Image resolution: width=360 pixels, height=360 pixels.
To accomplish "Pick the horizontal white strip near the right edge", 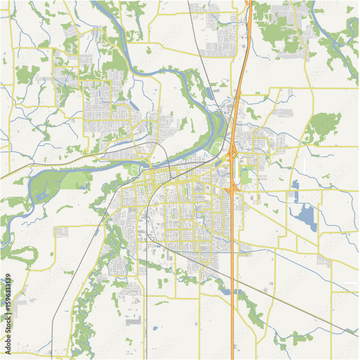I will [x=351, y=283].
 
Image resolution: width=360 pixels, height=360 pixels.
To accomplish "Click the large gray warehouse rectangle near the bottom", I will [x=134, y=320].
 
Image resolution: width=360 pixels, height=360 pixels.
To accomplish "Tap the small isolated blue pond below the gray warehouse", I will [x=155, y=328].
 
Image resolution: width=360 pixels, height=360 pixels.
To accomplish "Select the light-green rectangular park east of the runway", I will [x=246, y=177].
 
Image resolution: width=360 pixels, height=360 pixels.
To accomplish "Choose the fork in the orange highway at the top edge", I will [x=249, y=4].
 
